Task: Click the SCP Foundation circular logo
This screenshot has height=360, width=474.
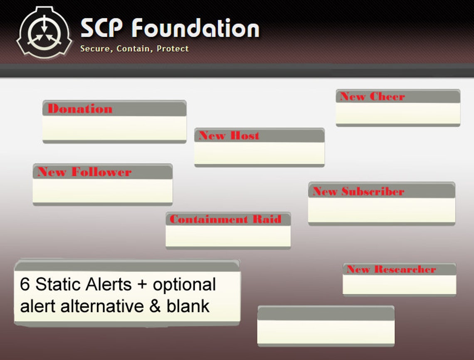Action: [x=44, y=32]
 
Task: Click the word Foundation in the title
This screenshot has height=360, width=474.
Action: [x=195, y=28]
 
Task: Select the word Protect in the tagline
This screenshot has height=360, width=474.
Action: [x=173, y=49]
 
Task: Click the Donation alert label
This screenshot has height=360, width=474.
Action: [x=80, y=109]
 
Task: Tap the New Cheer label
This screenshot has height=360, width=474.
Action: [x=372, y=96]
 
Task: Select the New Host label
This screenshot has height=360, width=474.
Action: [x=229, y=136]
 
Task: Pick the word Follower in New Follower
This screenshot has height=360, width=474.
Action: [x=101, y=172]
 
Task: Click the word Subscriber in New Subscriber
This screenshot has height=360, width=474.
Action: [x=373, y=191]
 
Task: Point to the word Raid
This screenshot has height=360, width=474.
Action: [x=267, y=219]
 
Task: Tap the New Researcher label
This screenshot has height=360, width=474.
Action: [x=391, y=269]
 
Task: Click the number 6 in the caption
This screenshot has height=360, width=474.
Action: [x=25, y=285]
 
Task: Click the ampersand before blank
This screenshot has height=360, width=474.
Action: [x=156, y=306]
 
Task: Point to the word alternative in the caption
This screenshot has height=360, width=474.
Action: [x=100, y=306]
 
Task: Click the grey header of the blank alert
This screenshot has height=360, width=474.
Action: [x=326, y=314]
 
